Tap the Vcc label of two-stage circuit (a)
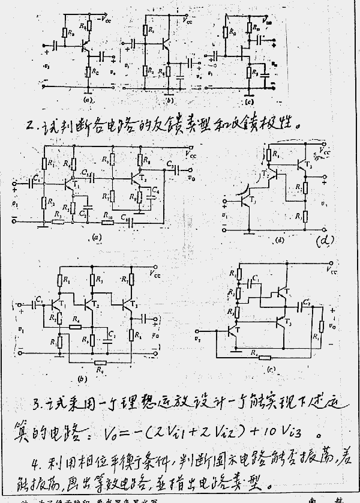coord(191,154)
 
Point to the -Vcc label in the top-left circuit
coord(104,19)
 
